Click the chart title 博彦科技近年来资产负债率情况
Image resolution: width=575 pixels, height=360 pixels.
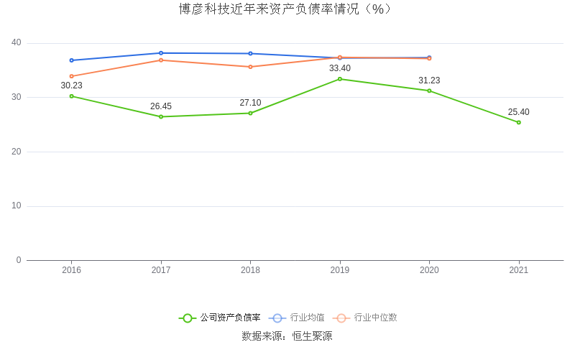[286, 9]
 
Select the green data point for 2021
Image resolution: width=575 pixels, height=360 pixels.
[518, 122]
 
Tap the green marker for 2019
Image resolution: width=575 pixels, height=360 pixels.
[340, 79]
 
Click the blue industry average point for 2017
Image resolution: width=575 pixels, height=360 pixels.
[161, 53]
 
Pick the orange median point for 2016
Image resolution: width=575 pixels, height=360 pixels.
[71, 76]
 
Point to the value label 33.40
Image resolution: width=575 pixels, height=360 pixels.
[340, 68]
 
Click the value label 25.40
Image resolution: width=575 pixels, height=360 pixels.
[518, 112]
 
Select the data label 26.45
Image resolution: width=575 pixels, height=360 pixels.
[161, 106]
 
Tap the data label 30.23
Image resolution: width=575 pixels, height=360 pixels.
[71, 86]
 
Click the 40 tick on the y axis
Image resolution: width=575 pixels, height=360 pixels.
[17, 43]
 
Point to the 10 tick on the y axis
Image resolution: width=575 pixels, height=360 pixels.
[17, 206]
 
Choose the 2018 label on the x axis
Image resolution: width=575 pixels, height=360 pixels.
[250, 270]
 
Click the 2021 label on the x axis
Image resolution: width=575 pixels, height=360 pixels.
[518, 270]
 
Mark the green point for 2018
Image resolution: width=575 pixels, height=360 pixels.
[250, 113]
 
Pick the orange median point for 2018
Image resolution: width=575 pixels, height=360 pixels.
[250, 67]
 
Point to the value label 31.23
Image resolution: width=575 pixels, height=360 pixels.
[429, 80]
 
